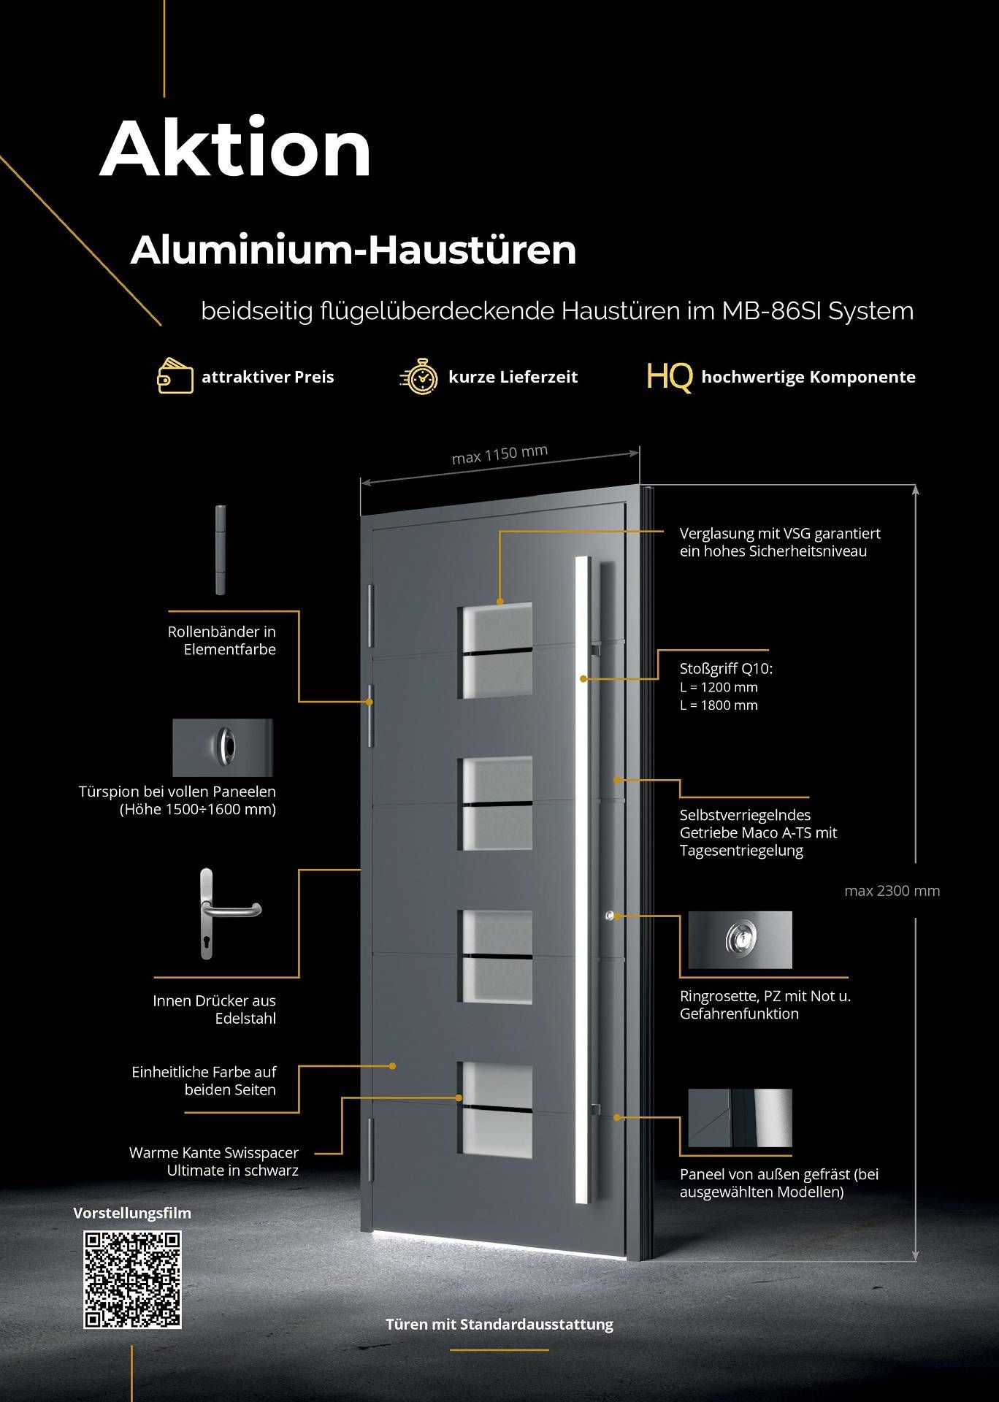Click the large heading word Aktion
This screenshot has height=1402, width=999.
pos(235,149)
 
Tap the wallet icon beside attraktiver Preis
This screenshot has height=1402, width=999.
pos(175,376)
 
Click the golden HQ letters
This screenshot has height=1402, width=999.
pos(669,377)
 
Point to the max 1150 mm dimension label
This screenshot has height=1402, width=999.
pos(499,454)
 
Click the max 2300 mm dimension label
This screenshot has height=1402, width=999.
pos(892,890)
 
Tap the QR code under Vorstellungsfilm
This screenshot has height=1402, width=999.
pos(132,1279)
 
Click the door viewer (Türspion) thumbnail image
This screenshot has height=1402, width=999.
pos(223,747)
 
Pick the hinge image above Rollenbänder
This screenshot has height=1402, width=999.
pos(221,549)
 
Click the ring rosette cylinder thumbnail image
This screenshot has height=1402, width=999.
pos(740,939)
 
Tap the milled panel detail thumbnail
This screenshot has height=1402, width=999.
pos(740,1118)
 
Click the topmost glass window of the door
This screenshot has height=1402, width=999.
pos(496,650)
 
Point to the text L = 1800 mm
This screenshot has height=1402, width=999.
pos(719,705)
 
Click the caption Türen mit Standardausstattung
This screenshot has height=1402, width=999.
pos(499,1324)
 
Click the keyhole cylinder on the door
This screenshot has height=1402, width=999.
pos(609,915)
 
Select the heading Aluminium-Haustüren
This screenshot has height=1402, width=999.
pos(353,250)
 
